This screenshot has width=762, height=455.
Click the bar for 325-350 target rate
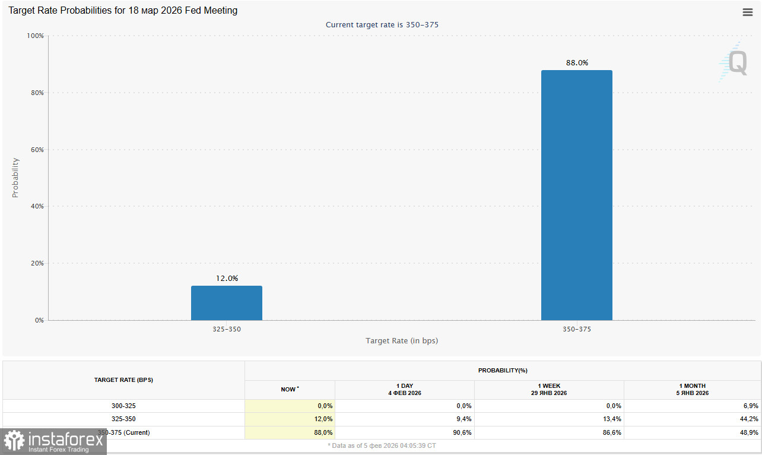click(226, 303)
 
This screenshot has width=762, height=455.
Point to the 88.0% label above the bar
click(576, 62)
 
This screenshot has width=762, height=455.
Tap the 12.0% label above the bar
click(226, 278)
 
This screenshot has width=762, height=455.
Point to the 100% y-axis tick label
click(36, 36)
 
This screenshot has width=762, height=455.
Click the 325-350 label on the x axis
click(226, 328)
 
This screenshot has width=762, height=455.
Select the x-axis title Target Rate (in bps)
click(402, 341)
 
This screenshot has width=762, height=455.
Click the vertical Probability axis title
click(15, 178)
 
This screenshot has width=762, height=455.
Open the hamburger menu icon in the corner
click(747, 12)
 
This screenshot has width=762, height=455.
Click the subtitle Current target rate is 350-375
click(382, 25)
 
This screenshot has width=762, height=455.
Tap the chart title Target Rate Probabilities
click(123, 11)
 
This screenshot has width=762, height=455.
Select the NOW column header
click(290, 390)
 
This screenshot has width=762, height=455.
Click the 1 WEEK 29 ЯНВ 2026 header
click(549, 390)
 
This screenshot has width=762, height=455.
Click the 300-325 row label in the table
click(123, 406)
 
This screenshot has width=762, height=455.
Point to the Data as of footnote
click(382, 445)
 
